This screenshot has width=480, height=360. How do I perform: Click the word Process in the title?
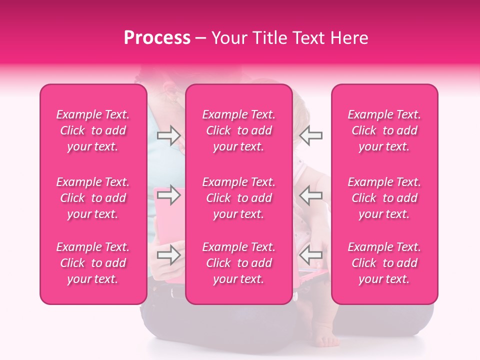(157, 38)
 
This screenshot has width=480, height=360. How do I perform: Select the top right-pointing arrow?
(168, 135)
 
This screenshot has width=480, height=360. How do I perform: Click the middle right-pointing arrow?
(168, 195)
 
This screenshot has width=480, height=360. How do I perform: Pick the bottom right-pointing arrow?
(168, 255)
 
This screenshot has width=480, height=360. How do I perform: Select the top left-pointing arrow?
(311, 135)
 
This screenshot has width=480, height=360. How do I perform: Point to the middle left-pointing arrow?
(311, 195)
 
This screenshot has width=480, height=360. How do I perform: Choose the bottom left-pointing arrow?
(311, 255)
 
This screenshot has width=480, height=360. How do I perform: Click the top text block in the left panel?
(93, 130)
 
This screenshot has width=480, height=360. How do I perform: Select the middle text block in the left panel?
(93, 198)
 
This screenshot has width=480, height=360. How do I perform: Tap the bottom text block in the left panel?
(93, 263)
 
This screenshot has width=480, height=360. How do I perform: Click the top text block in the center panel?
(239, 130)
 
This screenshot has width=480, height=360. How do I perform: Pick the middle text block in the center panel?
(239, 198)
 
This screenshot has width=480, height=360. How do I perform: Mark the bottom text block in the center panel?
(239, 263)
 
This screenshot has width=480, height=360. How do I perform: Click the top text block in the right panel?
(384, 130)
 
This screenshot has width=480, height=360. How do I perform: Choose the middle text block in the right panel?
(384, 198)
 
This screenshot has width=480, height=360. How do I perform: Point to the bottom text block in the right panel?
(384, 263)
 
